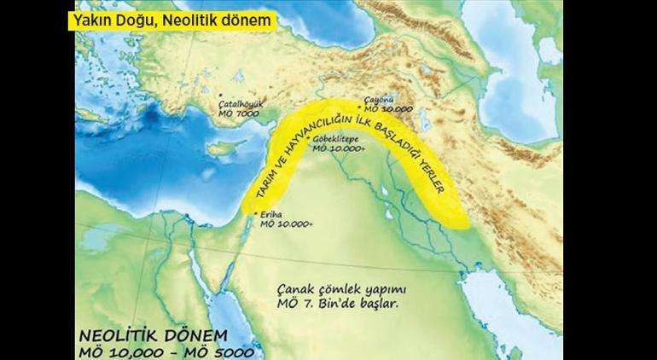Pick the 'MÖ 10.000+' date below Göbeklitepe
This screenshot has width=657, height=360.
pos(339,148)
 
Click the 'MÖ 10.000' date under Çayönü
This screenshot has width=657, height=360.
pos(388,110)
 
